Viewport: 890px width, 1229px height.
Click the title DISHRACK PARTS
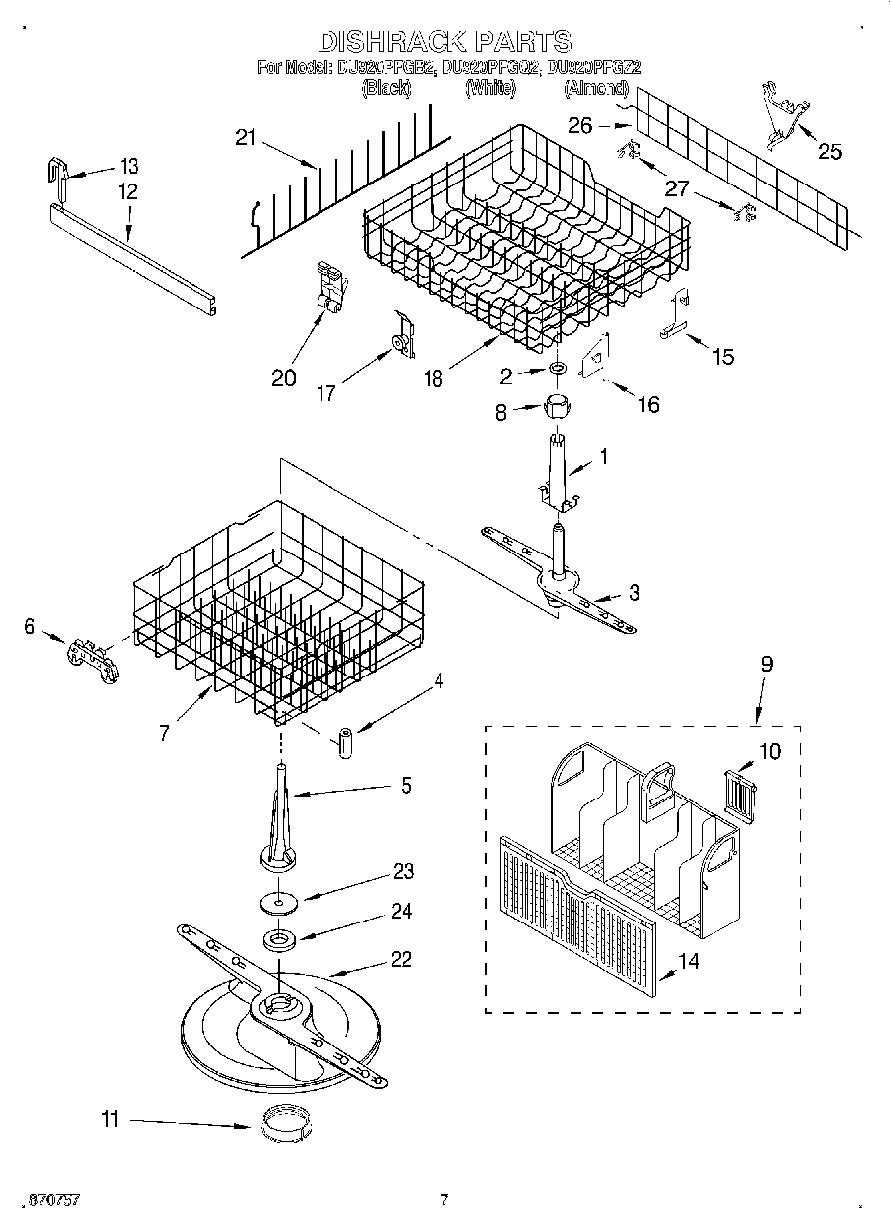[x=445, y=41]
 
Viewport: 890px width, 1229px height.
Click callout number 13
[x=129, y=166]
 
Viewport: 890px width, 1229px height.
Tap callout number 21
[x=246, y=139]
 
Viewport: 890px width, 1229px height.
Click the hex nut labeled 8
[x=557, y=406]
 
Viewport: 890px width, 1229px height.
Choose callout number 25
[x=829, y=152]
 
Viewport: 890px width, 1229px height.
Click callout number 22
[x=401, y=959]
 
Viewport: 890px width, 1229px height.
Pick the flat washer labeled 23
[x=279, y=903]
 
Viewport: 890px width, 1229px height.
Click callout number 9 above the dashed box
[x=766, y=665]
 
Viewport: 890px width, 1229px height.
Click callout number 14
[x=688, y=961]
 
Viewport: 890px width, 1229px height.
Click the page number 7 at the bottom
[x=444, y=1200]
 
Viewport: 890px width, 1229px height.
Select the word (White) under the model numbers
[x=490, y=89]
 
